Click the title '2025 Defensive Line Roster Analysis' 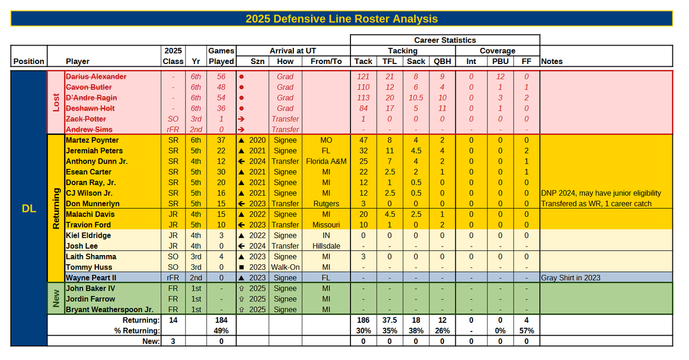coord(341,19)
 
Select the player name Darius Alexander coord(96,77)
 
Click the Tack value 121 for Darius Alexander coord(363,77)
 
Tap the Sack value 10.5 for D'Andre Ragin coord(416,98)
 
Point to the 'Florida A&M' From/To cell coord(326,161)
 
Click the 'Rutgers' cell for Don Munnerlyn coord(326,204)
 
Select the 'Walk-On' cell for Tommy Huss coord(285,267)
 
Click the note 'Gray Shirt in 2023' coord(571,278)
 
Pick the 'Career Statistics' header coord(445,40)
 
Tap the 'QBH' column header coord(442,61)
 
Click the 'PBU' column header coord(500,61)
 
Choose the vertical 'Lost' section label coord(56,103)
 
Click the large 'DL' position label coord(29,209)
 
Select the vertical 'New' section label coord(56,299)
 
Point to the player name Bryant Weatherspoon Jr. coord(109,310)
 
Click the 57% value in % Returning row coord(526,330)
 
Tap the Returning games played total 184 coord(221,320)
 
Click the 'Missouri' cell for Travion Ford coord(326,225)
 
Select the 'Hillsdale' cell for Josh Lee coord(326,246)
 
